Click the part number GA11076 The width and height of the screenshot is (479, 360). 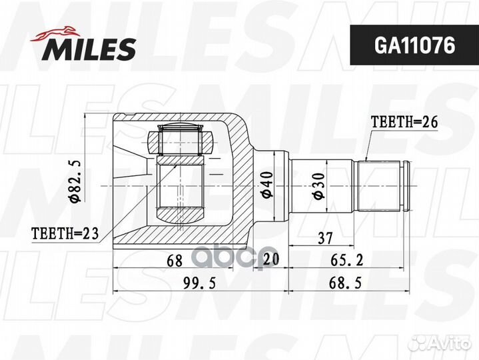414,45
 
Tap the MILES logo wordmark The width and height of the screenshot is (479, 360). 89,49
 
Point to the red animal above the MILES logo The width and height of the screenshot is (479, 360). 55,33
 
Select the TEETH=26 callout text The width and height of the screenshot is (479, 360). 404,122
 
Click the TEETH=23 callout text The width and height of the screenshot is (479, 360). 65,234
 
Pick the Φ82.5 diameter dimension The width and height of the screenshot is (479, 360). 75,181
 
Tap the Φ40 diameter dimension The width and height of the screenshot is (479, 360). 267,185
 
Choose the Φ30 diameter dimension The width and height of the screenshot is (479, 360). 318,186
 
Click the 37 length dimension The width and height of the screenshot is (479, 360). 324,239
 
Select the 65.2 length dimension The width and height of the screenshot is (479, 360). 347,261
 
